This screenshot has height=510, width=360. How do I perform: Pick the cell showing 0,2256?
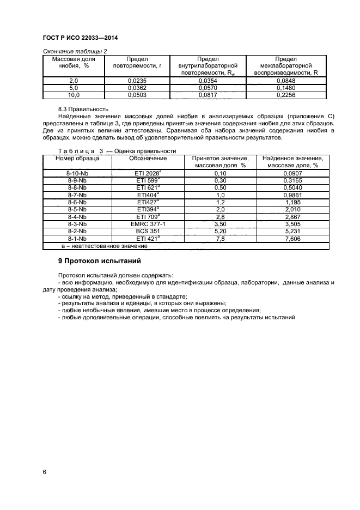285,94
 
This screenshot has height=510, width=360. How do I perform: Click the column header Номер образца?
77,159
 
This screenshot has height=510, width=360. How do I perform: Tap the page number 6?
44,472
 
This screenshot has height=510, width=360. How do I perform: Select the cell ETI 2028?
148,173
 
